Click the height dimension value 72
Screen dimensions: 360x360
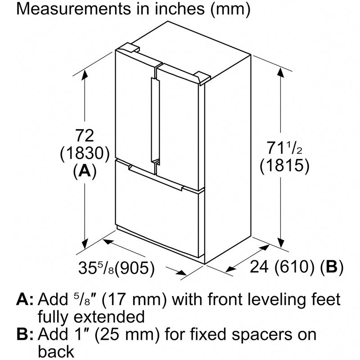pos(85,136)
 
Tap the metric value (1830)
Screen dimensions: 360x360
pos(85,153)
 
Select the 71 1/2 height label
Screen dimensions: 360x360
pos(284,148)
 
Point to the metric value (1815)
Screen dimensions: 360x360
pos(284,165)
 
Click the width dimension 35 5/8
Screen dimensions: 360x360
pos(96,268)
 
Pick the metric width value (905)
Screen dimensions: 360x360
pos(135,268)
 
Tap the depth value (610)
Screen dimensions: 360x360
pos(295,267)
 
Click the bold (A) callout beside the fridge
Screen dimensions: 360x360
pos(85,171)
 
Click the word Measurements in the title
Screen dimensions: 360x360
pos(73,9)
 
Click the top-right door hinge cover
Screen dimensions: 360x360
pos(202,77)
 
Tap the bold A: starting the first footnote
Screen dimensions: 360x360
pos(25,299)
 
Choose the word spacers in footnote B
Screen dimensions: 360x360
pos(261,335)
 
